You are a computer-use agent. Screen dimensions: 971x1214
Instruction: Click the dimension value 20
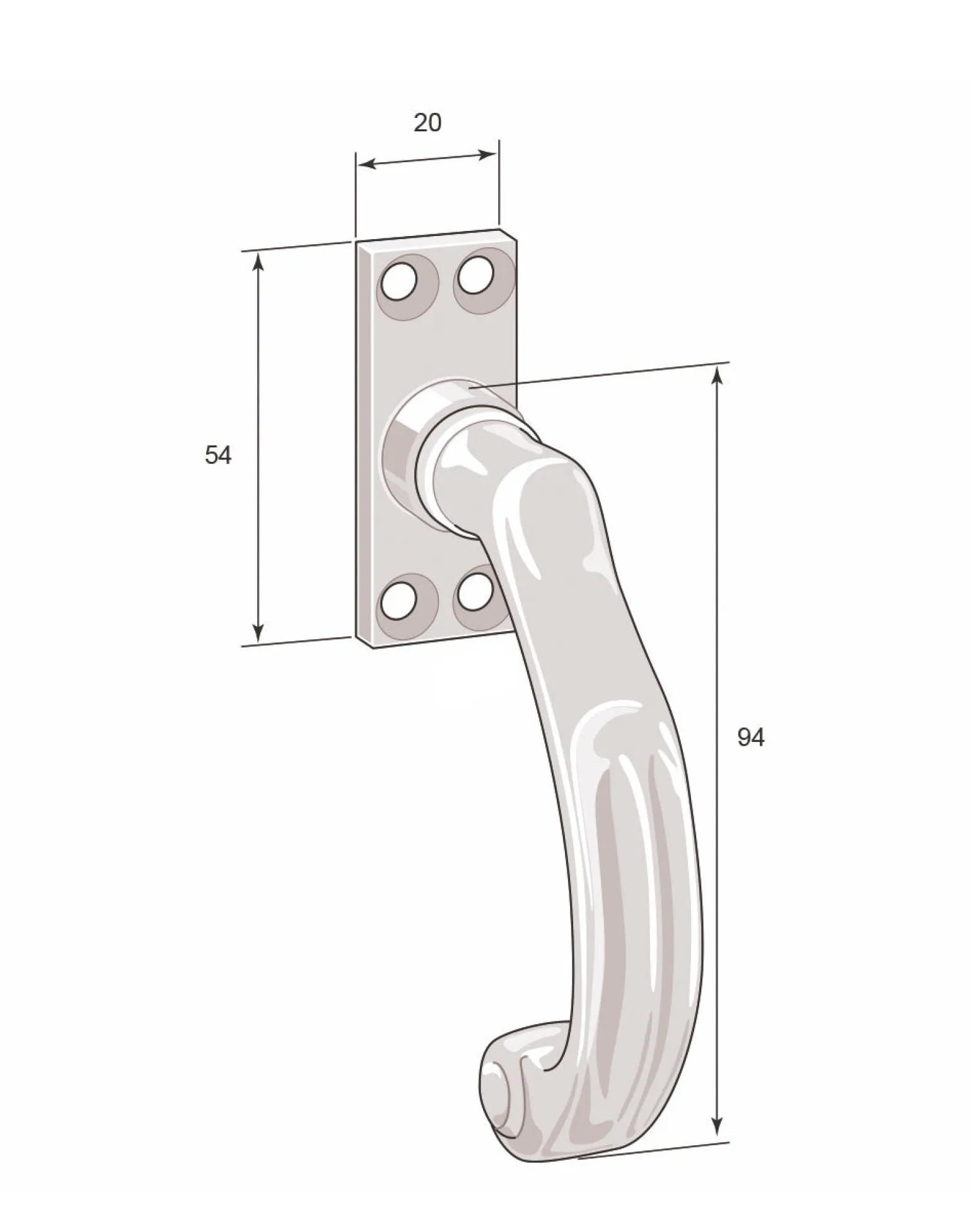(x=427, y=122)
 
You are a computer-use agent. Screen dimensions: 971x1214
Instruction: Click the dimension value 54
(x=218, y=455)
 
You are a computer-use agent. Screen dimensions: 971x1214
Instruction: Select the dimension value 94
(x=751, y=737)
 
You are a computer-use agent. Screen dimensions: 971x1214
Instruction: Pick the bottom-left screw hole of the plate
(x=399, y=599)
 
